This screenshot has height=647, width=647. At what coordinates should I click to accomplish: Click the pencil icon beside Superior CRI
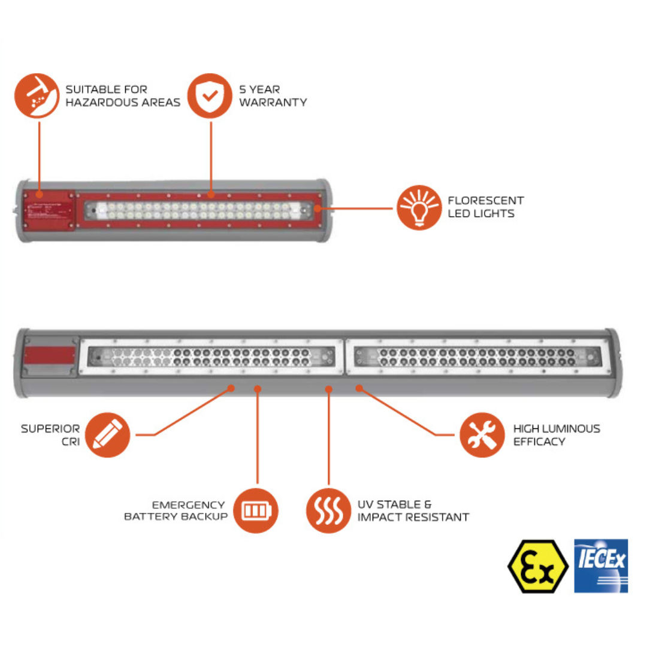tap(108, 435)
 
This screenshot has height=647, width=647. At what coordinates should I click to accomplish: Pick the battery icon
tap(256, 511)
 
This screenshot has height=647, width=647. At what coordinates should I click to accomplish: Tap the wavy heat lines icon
tap(328, 511)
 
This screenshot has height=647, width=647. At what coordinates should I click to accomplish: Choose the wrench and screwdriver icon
tap(482, 435)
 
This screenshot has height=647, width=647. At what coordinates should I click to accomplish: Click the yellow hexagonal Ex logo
tap(538, 566)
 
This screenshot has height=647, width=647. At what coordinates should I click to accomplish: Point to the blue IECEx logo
tap(600, 566)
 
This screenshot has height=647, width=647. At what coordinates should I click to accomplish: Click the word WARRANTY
tap(273, 102)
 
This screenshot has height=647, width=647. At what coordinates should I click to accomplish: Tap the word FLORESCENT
tap(485, 200)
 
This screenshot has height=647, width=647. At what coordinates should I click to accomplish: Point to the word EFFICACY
tap(539, 442)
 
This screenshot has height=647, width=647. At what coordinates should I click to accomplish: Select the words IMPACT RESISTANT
tap(413, 517)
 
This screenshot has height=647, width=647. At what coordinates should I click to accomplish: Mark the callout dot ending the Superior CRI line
tap(232, 388)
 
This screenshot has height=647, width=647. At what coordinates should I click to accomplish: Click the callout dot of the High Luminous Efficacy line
tap(359, 388)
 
